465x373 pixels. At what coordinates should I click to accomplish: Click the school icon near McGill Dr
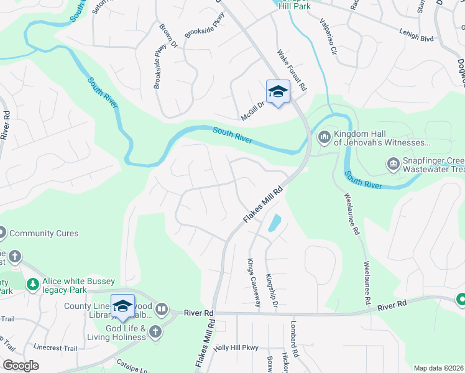[x=278, y=92]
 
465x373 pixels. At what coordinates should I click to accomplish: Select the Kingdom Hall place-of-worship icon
[x=324, y=137]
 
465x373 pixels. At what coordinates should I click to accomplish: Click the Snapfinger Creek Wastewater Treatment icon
[x=393, y=164]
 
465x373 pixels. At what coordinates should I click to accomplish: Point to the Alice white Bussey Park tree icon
[x=32, y=285]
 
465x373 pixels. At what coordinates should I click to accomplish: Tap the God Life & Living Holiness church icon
[x=155, y=332]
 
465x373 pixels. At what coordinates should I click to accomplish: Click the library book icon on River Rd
[x=162, y=308]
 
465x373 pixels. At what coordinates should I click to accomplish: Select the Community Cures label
[x=44, y=234]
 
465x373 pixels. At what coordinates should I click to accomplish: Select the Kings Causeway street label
[x=253, y=282]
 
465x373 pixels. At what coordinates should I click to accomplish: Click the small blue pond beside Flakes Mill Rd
[x=274, y=223]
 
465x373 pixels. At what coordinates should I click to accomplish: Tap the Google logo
[x=21, y=366]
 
